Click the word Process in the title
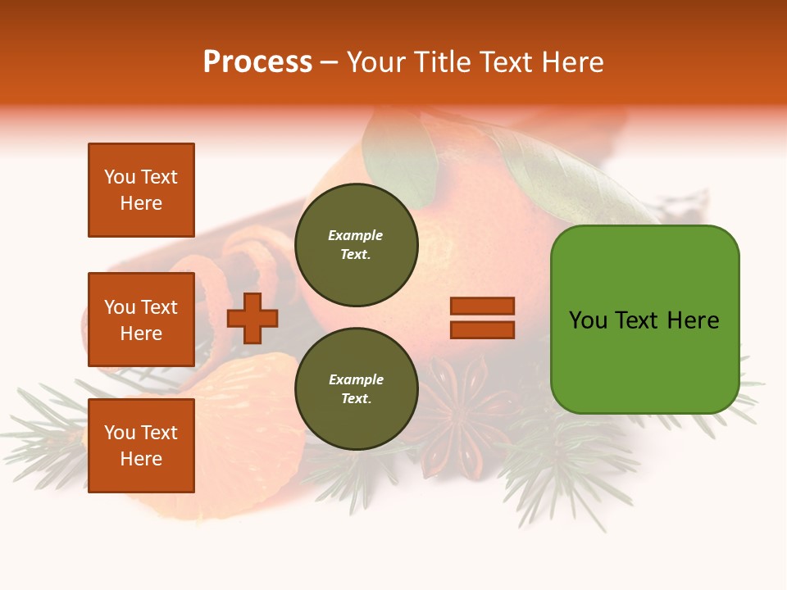(257, 62)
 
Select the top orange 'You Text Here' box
(141, 190)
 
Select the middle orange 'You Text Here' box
(141, 320)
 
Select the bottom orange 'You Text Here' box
(141, 446)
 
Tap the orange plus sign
(252, 318)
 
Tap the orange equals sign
(482, 318)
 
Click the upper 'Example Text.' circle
(356, 244)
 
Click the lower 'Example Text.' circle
(356, 388)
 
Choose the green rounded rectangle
(644, 320)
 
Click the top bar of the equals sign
(482, 306)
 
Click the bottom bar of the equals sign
(482, 329)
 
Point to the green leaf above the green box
(566, 180)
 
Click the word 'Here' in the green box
(693, 320)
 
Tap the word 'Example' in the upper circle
(355, 235)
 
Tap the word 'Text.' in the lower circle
(356, 398)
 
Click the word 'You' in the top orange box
(120, 177)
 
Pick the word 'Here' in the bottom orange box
(141, 459)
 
